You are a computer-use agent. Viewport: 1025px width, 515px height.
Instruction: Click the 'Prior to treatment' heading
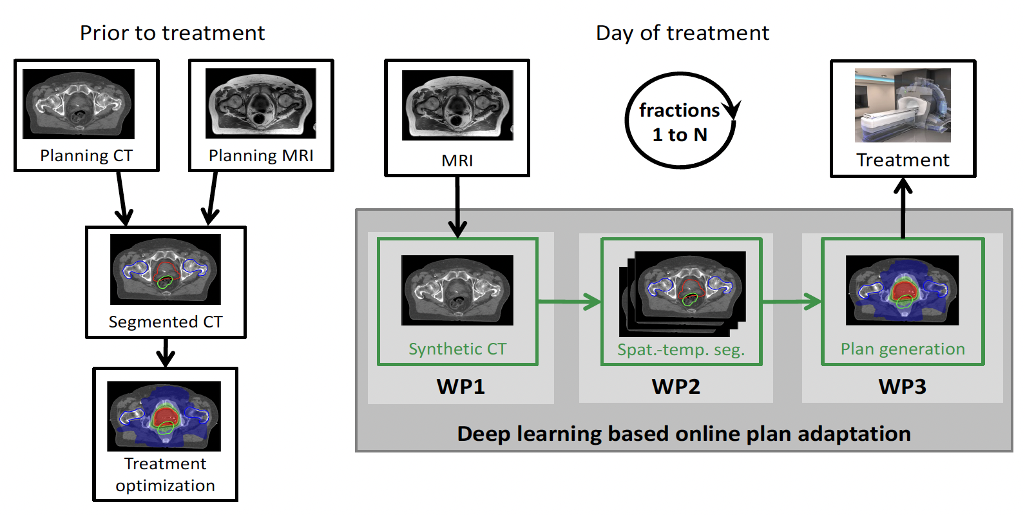172,33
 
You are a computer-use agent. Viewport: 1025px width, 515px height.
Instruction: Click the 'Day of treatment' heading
682,33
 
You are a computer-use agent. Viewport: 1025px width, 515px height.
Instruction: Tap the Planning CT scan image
79,104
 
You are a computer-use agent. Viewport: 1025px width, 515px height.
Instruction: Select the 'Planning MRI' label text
261,156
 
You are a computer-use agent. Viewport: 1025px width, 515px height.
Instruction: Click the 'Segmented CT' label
166,322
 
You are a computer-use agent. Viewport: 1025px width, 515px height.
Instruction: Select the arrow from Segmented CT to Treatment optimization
166,352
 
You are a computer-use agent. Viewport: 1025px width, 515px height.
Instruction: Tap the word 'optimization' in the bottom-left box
166,485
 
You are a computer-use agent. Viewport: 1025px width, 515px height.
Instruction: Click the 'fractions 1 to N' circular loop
680,121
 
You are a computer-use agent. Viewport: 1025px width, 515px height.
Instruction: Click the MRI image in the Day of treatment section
457,105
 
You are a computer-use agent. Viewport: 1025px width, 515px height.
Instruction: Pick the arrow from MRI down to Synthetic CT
457,206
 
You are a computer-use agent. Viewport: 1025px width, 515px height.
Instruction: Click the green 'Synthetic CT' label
457,349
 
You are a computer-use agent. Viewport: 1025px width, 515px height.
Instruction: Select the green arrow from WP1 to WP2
569,301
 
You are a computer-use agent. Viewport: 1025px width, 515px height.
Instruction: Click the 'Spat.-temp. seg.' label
681,350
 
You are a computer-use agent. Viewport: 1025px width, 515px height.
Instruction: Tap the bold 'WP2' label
676,387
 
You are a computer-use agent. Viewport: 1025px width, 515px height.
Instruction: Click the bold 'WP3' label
903,387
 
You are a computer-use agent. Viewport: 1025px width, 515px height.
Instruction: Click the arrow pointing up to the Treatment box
903,208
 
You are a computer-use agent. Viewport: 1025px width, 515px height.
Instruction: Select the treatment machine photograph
903,105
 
